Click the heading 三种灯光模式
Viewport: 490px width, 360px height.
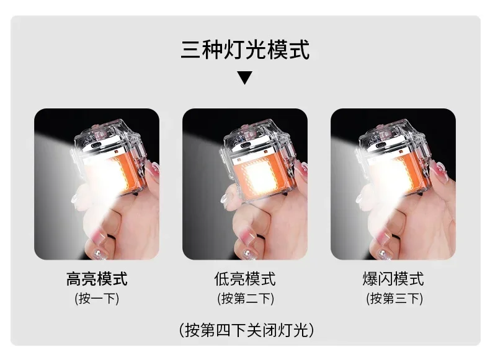coord(245,50)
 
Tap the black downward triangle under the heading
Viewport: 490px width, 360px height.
coord(245,78)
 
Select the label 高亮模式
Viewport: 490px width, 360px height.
coord(97,279)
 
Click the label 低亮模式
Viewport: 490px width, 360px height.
coord(245,279)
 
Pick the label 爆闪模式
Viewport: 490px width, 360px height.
coord(393,279)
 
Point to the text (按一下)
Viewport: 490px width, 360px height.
coord(97,299)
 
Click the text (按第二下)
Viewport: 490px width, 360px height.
coord(245,299)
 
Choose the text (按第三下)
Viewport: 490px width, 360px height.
coord(393,299)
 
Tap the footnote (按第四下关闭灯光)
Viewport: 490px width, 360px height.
coord(245,329)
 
